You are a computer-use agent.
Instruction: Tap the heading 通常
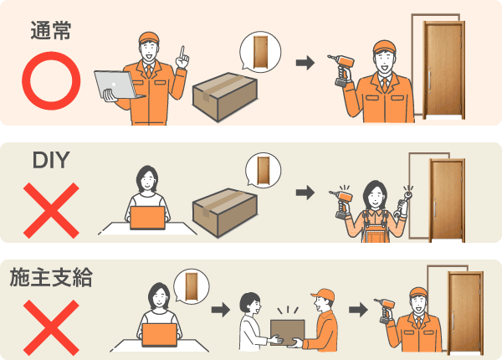point(50,31)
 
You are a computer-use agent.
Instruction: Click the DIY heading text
point(51,160)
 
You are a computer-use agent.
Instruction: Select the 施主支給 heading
point(51,277)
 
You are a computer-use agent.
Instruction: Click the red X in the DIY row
point(51,210)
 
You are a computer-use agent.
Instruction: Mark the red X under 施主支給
point(51,327)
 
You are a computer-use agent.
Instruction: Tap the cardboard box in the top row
point(225,97)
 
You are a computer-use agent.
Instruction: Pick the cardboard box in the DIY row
point(225,213)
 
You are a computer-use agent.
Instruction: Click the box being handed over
point(287,332)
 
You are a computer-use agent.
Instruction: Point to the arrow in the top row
point(305,63)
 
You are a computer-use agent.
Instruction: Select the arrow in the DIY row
point(305,193)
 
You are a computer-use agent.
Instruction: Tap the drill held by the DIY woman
point(342,204)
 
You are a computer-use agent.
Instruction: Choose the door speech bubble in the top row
point(260,52)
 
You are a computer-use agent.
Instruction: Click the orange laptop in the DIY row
point(147,218)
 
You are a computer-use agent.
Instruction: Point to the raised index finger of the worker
point(182,54)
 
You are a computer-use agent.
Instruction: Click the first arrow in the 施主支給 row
point(221,310)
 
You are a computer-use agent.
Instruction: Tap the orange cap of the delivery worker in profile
point(323,294)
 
